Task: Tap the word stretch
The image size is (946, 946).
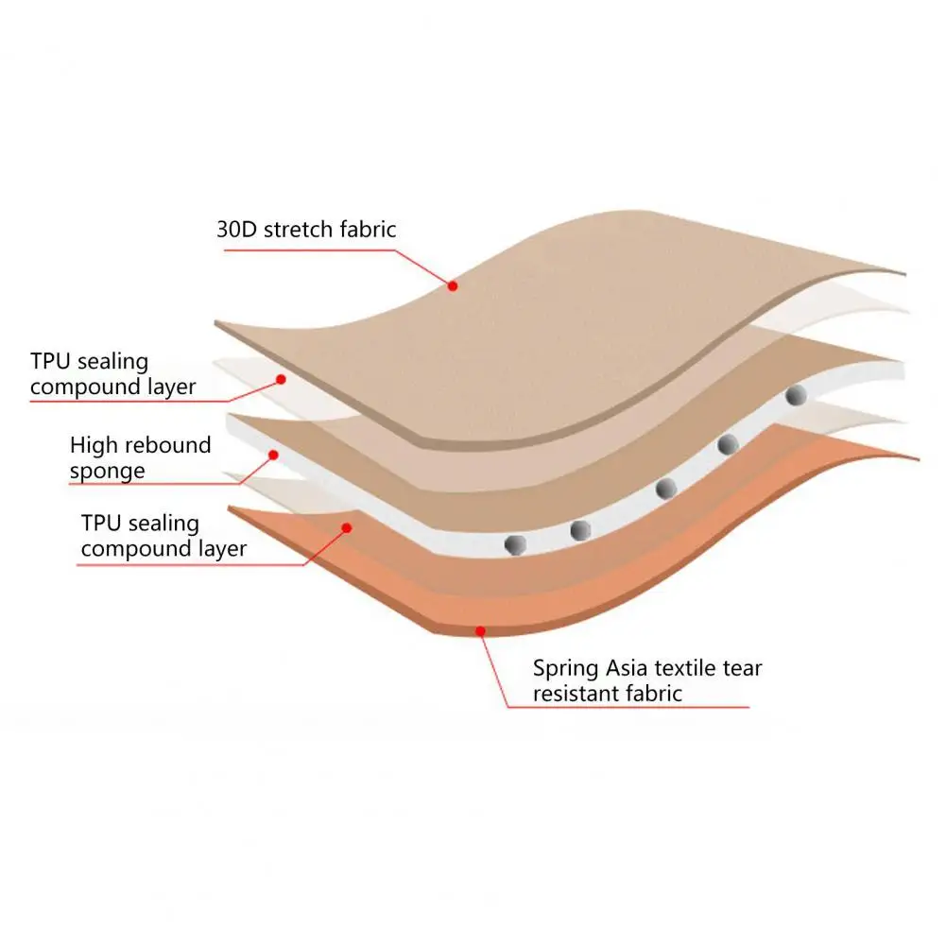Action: click(299, 229)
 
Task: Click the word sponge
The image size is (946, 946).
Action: click(107, 471)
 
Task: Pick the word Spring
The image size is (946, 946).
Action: click(565, 669)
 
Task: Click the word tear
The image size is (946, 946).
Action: click(744, 669)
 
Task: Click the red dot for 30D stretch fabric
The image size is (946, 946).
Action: click(453, 285)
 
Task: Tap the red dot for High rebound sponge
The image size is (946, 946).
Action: click(273, 455)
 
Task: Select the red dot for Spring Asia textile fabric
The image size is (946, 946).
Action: click(480, 630)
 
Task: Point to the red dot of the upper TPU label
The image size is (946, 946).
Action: click(280, 379)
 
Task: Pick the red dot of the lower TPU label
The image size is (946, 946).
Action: click(347, 527)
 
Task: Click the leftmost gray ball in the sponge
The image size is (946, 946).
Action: click(516, 544)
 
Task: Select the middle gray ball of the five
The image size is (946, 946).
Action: click(666, 488)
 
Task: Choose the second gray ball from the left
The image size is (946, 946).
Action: click(580, 530)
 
